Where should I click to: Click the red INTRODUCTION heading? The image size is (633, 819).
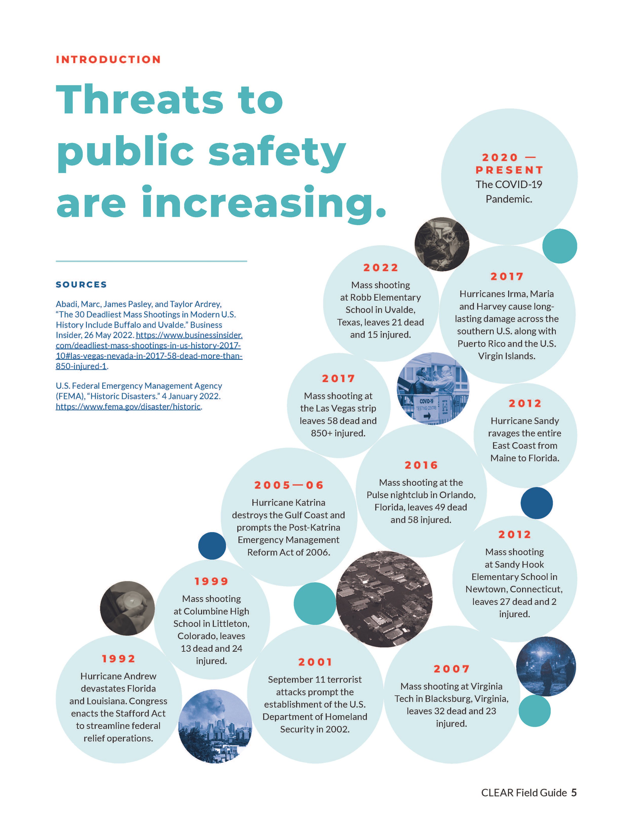(108, 60)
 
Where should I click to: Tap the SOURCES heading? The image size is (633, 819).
(81, 285)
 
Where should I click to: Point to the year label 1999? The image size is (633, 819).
(211, 582)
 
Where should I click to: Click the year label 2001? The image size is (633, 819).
(315, 662)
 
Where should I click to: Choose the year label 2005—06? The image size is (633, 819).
(289, 485)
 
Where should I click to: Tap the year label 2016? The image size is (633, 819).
(421, 465)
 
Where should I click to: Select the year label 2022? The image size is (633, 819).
(381, 268)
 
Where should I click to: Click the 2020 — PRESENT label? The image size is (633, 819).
(509, 164)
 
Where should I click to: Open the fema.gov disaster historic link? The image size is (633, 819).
(128, 407)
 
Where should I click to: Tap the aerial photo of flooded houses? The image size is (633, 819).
(384, 599)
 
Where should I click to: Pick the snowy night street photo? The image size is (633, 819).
(546, 666)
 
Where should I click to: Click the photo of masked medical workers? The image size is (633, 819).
(442, 244)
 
